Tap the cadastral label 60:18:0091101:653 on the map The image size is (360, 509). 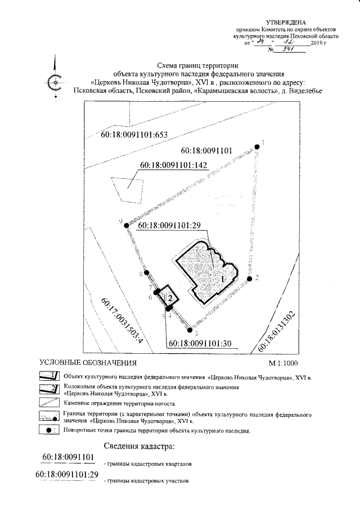click(x=135, y=135)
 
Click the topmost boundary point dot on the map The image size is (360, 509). click(x=257, y=146)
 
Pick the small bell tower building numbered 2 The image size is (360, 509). click(x=168, y=296)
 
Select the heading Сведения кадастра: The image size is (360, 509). click(x=139, y=447)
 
